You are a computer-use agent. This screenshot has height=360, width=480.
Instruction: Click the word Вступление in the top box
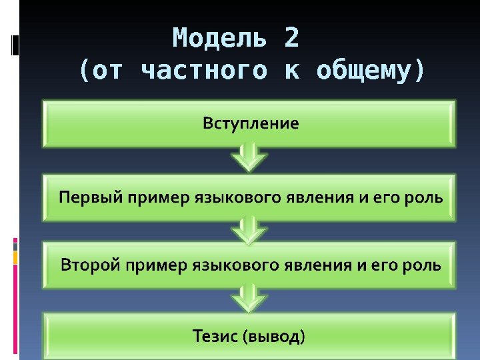coord(250,124)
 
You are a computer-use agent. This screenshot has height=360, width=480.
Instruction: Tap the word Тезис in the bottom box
coord(215,335)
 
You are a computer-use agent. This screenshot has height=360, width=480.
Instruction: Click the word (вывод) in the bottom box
coord(275,335)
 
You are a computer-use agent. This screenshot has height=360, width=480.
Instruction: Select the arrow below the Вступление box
coord(249,158)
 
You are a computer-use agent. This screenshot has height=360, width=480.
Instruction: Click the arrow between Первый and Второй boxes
coord(249,230)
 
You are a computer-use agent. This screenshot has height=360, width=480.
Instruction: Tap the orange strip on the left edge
coord(15,256)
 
